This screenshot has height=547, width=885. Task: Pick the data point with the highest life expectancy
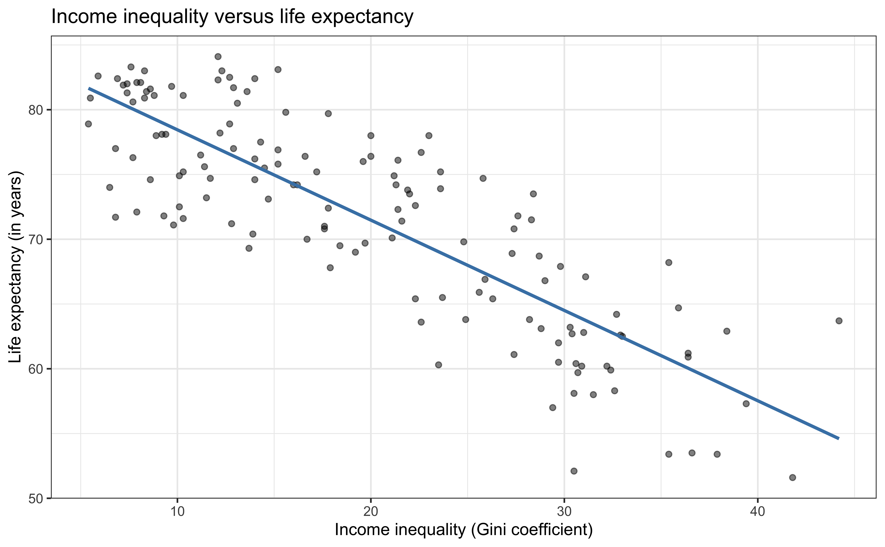[x=218, y=56]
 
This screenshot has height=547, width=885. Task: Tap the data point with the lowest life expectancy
[x=792, y=478]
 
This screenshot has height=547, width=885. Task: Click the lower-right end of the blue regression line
[x=838, y=438]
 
